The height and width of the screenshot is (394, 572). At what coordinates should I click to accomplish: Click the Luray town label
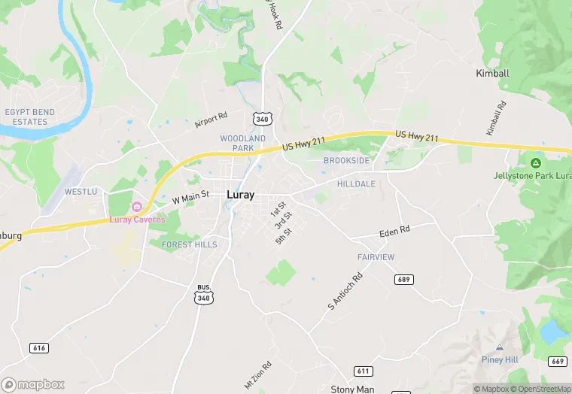tap(240, 195)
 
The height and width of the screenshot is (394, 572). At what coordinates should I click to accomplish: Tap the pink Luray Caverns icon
tap(137, 207)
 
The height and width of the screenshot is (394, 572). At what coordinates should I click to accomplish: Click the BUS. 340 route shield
tap(203, 295)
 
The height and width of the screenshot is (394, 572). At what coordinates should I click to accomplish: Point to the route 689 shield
tap(403, 280)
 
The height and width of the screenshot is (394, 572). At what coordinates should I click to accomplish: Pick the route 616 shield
tap(39, 348)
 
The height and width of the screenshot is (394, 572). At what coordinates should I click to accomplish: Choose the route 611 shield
tap(364, 371)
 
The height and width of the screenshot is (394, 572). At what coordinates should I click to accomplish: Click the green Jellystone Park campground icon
tap(536, 162)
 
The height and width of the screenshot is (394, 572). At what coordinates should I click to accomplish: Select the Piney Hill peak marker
tap(500, 347)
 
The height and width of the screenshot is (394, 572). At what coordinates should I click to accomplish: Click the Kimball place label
tap(493, 74)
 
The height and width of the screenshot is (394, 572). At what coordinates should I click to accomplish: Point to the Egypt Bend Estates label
tap(29, 117)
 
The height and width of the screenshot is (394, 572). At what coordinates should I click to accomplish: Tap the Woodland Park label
tap(242, 144)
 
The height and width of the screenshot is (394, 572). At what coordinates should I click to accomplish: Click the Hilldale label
tap(356, 183)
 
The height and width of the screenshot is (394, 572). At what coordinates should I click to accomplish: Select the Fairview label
tap(376, 257)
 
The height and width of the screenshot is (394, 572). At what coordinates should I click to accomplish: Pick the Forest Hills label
tap(189, 244)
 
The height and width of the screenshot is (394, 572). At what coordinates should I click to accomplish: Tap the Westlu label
tap(81, 192)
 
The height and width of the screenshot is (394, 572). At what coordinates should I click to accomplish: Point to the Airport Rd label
tap(211, 120)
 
